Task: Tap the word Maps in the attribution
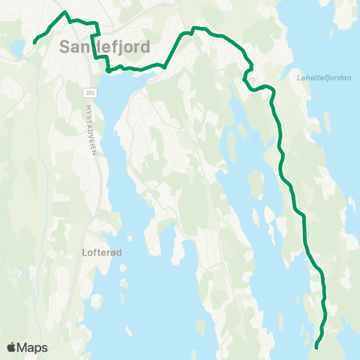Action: [x=34, y=347]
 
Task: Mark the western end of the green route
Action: [x=35, y=42]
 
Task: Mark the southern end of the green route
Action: [x=316, y=347]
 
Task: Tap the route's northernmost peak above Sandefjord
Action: [x=66, y=13]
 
